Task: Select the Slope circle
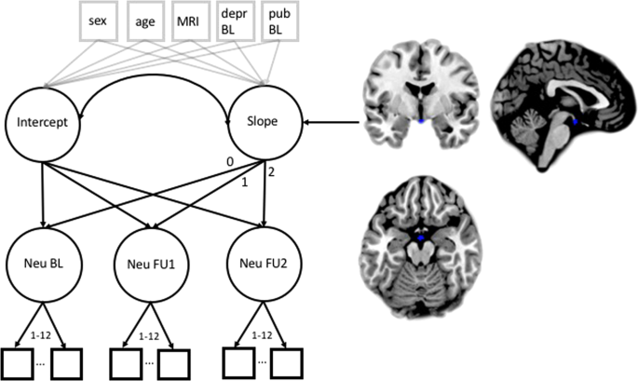(x=263, y=122)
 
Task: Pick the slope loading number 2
(x=271, y=170)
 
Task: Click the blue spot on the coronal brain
(x=422, y=121)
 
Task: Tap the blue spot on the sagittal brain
(x=576, y=122)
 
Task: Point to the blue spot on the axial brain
(x=420, y=239)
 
